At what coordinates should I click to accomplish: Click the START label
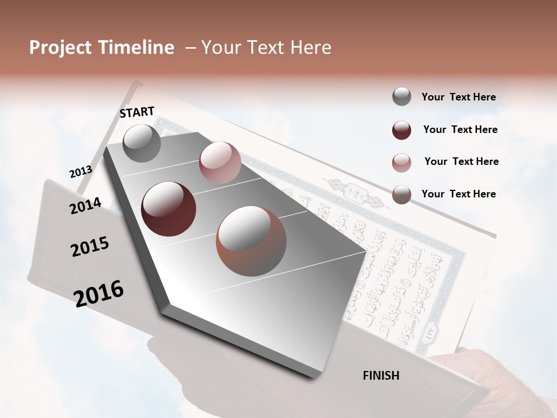pyautogui.click(x=137, y=112)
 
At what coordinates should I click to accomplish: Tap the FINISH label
pyautogui.click(x=381, y=376)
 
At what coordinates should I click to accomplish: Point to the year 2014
pyautogui.click(x=85, y=206)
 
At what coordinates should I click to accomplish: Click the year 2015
pyautogui.click(x=90, y=247)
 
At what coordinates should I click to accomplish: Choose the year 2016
pyautogui.click(x=99, y=293)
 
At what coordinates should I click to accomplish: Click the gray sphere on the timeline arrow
pyautogui.click(x=142, y=143)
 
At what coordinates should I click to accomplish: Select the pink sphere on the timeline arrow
pyautogui.click(x=220, y=163)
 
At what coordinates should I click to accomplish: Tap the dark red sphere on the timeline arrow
pyautogui.click(x=169, y=209)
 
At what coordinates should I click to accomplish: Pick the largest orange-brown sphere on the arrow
pyautogui.click(x=251, y=241)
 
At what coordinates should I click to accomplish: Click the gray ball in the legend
pyautogui.click(x=402, y=97)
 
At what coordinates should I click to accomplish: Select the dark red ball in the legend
pyautogui.click(x=402, y=130)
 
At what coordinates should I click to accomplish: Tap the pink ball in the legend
pyautogui.click(x=402, y=163)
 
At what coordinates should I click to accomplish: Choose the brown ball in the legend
pyautogui.click(x=402, y=194)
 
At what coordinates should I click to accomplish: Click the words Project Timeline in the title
pyautogui.click(x=102, y=48)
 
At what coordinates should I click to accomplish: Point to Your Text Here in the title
pyautogui.click(x=266, y=48)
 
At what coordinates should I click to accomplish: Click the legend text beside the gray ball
pyautogui.click(x=458, y=97)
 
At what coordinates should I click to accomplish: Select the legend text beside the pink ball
pyautogui.click(x=461, y=161)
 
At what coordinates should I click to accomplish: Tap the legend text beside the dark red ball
pyautogui.click(x=460, y=129)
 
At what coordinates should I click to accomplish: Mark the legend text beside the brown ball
pyautogui.click(x=458, y=194)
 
